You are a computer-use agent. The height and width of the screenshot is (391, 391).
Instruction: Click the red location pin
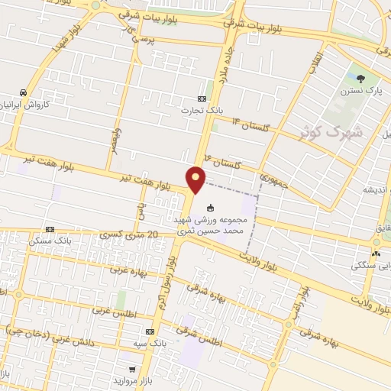(196, 178)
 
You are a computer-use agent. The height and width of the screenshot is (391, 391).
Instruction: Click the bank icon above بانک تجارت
(202, 99)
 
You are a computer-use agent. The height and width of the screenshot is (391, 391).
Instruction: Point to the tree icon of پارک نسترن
(361, 77)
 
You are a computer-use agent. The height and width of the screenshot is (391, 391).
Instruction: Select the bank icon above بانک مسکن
(50, 229)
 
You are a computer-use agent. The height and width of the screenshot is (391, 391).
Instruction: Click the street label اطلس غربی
(108, 310)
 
